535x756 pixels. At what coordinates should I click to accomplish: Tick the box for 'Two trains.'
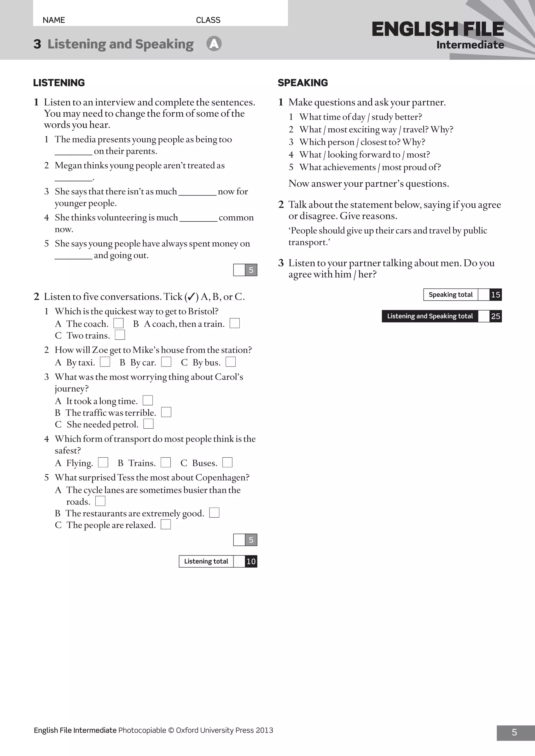click(120, 335)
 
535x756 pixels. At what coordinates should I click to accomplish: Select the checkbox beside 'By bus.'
click(231, 362)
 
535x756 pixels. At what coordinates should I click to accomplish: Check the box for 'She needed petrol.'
click(149, 424)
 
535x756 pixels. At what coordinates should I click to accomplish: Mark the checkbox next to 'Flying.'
click(103, 462)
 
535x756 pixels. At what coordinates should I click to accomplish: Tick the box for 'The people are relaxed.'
click(166, 524)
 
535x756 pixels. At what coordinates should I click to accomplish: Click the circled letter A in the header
click(214, 44)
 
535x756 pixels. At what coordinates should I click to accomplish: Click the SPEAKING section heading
click(303, 83)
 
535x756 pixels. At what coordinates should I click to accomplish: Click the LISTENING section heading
click(59, 83)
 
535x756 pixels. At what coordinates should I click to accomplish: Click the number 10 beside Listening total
click(251, 562)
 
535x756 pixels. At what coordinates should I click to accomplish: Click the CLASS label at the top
click(208, 20)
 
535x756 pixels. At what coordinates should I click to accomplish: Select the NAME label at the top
click(54, 20)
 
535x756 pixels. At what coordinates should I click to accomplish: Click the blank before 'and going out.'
click(73, 256)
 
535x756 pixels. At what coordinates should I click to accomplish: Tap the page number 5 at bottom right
click(514, 732)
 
